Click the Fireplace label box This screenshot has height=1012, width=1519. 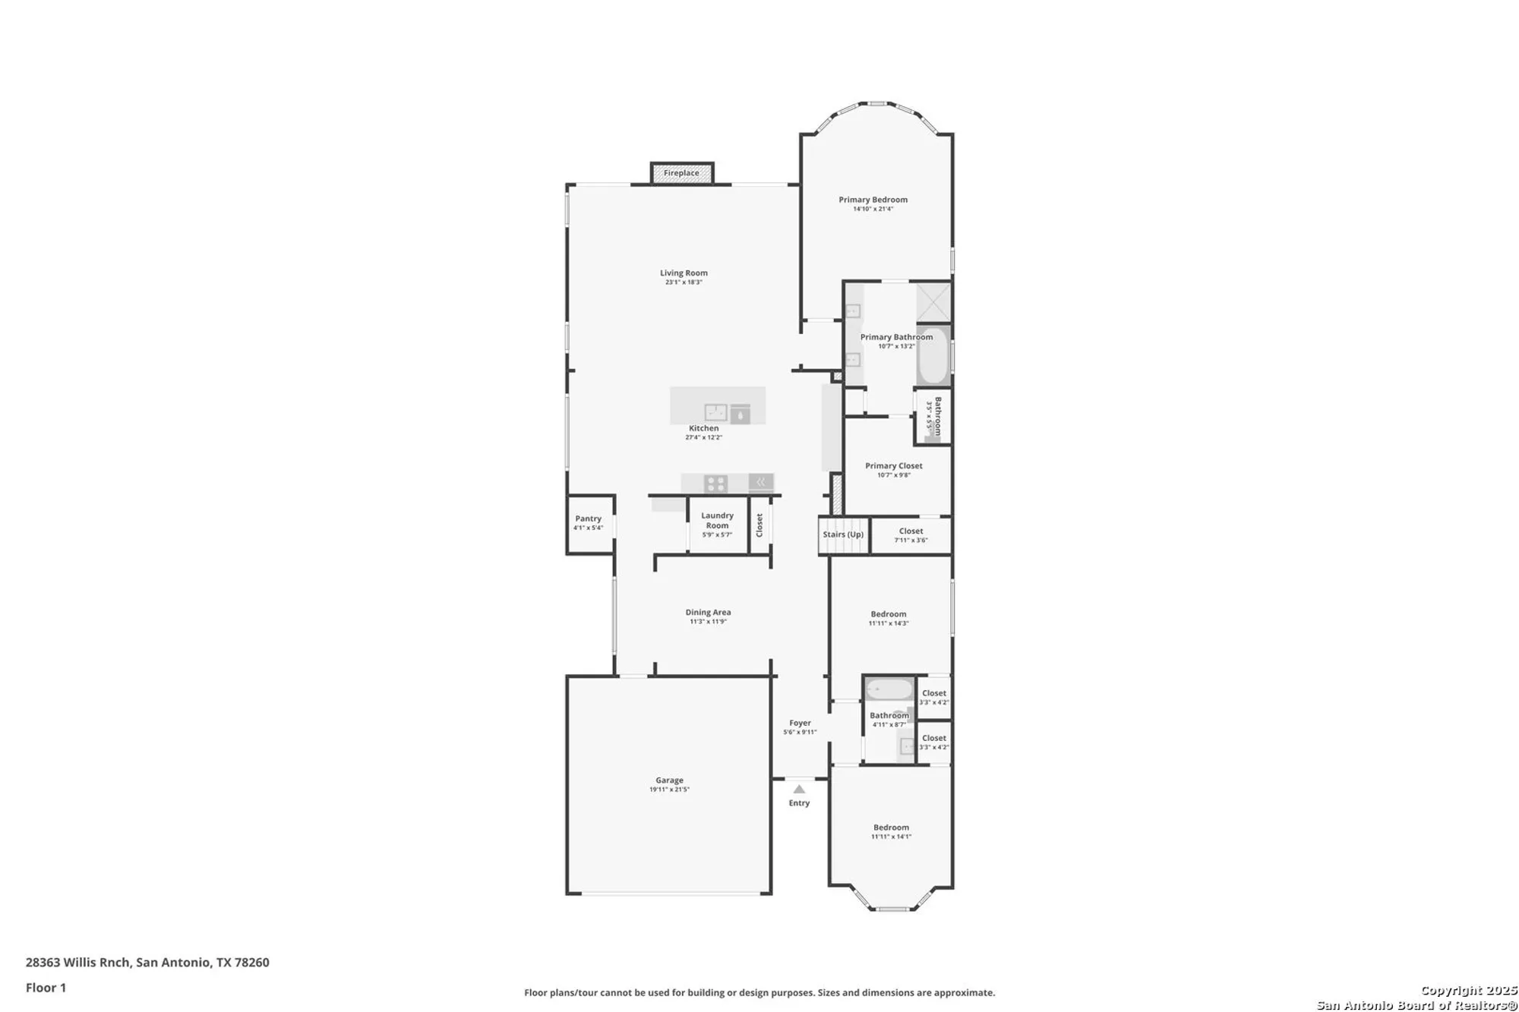pos(681,173)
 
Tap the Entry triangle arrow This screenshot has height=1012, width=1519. pos(799,790)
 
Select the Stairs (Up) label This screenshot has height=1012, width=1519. pos(843,534)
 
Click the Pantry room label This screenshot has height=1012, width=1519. pos(588,519)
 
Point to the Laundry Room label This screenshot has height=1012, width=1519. pos(717,520)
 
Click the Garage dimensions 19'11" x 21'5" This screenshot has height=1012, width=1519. pos(669,790)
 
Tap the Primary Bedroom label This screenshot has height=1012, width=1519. pos(873,200)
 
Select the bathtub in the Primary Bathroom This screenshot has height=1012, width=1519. pos(933,356)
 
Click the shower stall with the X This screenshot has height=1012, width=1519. pos(933,302)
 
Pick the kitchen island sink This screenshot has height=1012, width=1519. pos(715,412)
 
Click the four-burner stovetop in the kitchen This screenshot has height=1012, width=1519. pos(715,484)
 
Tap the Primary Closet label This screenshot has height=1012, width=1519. pos(893,466)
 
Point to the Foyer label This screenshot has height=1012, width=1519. pos(800,723)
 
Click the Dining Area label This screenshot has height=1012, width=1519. pos(708,612)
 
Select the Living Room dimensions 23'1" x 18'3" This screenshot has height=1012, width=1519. pos(684,282)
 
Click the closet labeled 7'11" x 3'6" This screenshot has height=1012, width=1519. pos(911,535)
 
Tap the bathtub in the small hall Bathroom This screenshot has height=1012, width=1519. pos(889,689)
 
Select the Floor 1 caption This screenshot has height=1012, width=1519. pos(46,988)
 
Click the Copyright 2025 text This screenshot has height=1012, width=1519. pos(1468,990)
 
